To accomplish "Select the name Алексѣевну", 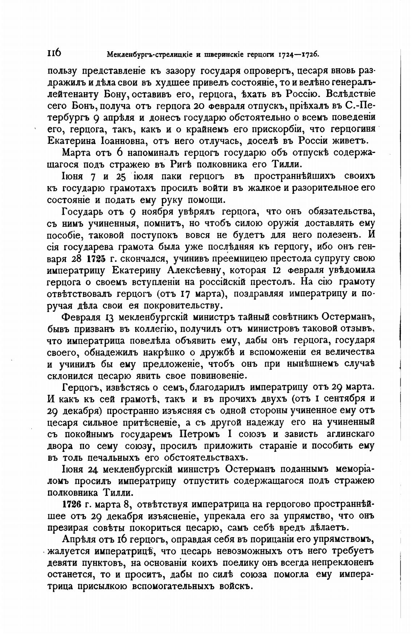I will (192, 270).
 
